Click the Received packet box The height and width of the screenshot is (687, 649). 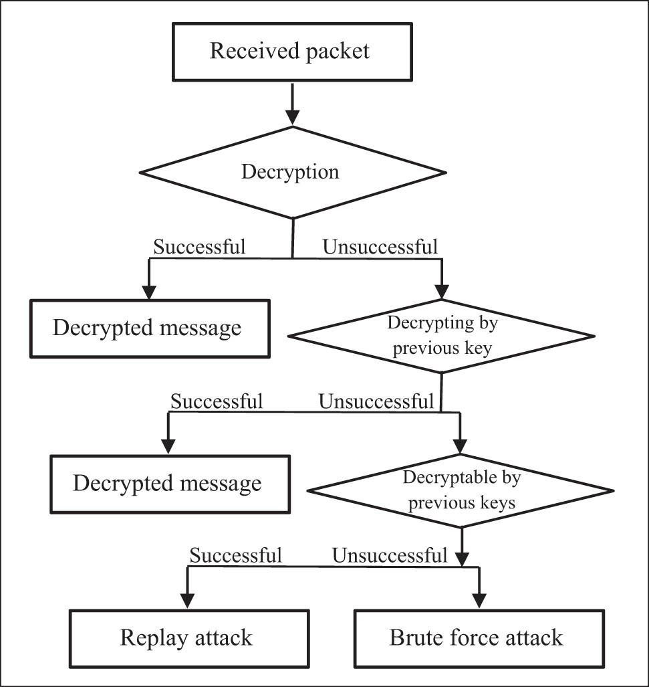tap(289, 51)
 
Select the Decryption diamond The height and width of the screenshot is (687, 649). tap(292, 172)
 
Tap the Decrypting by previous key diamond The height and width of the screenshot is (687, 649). tap(442, 335)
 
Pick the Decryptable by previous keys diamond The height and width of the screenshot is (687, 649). tap(461, 490)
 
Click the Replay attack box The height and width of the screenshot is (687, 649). tap(186, 637)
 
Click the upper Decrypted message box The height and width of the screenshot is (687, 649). tap(147, 328)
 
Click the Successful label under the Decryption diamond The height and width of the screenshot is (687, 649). tap(200, 247)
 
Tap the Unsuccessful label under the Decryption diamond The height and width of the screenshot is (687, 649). tap(380, 247)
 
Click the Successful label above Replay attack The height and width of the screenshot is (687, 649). tap(235, 555)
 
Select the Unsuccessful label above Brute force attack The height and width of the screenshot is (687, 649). tap(389, 555)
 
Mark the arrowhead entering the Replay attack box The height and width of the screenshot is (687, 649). tap(188, 600)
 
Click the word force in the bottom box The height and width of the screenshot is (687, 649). tap(477, 637)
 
